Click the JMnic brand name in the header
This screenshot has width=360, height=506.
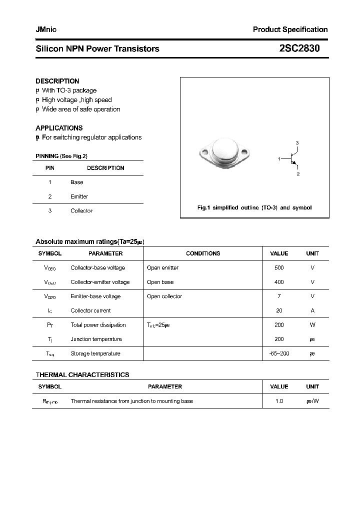(46, 29)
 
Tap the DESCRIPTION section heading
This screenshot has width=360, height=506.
(57, 81)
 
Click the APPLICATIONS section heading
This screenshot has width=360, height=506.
(59, 128)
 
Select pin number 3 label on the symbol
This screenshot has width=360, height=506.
(297, 143)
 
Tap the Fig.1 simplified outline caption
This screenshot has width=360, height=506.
(254, 207)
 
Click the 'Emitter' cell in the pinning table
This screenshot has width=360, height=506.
(79, 196)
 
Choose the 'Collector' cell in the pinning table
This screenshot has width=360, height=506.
(81, 211)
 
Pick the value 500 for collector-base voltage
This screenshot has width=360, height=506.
(279, 268)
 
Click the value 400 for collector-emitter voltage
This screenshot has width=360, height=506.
(279, 282)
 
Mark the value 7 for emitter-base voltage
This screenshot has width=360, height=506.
(279, 296)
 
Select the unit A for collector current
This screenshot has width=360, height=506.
(312, 310)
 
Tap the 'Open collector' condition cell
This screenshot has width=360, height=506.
(164, 296)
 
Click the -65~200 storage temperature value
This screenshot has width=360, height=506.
(279, 353)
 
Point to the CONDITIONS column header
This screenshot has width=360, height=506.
(203, 253)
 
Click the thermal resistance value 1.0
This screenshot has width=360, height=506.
(279, 401)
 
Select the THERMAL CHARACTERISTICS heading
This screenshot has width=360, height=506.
(82, 374)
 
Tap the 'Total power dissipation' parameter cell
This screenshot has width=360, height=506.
(98, 325)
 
